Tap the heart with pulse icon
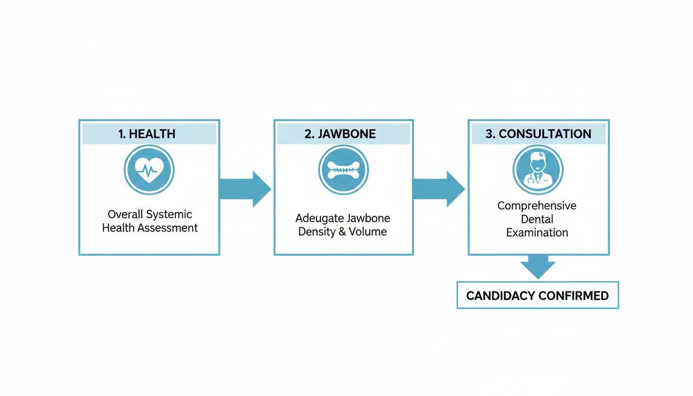pos(149,170)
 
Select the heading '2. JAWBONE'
pos(343,134)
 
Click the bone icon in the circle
pos(343,170)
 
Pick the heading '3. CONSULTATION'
pos(538,134)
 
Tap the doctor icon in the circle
pos(538,170)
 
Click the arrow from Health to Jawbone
pos(244,189)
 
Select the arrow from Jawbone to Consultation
pos(438,189)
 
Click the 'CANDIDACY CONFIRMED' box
pos(538,295)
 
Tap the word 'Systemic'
pos(169,214)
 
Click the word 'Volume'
pos(368,232)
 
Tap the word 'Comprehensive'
pos(537,206)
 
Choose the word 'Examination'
pos(537,233)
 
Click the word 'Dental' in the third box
pos(537,219)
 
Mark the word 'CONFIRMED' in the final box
pos(573,296)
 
